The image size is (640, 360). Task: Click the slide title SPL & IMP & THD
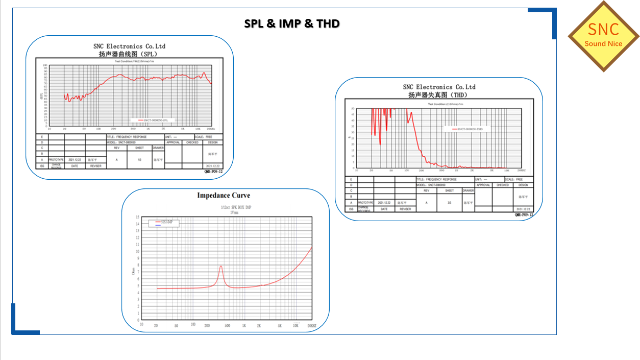click(291, 23)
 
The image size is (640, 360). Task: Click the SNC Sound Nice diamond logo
click(604, 36)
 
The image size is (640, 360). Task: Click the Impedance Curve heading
click(224, 196)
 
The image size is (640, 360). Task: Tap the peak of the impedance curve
click(221, 266)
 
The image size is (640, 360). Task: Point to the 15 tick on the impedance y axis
click(138, 217)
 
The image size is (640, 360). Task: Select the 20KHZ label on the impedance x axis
click(312, 325)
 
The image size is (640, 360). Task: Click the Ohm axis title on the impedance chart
click(134, 271)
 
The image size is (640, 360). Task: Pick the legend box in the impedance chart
click(163, 223)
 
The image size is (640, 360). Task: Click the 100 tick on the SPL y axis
click(45, 65)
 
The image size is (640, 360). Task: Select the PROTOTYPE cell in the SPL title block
click(56, 160)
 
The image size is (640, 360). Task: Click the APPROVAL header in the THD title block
click(483, 185)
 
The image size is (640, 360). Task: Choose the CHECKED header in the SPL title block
click(192, 142)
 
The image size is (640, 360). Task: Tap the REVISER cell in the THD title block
click(405, 209)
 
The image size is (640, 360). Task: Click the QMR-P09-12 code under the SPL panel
click(213, 172)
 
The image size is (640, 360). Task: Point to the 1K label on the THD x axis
click(456, 171)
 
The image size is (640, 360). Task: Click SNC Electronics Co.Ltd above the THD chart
click(439, 87)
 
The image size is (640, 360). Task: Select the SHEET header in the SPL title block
click(139, 148)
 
